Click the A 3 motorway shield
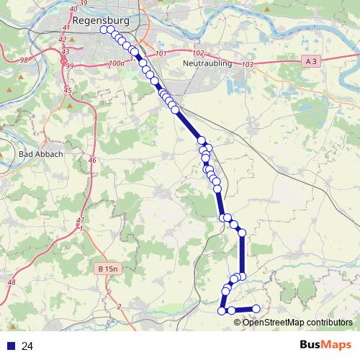(x=311, y=63)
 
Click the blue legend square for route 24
(x=11, y=346)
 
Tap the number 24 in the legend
(x=28, y=346)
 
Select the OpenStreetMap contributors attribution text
(x=297, y=322)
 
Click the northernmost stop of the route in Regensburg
(x=104, y=30)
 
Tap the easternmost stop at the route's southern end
(x=256, y=310)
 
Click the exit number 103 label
(x=248, y=65)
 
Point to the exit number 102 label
(x=199, y=53)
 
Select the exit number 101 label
(x=160, y=54)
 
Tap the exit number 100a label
(x=117, y=64)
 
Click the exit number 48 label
(x=11, y=282)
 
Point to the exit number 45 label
(x=68, y=90)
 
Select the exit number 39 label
(x=102, y=4)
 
